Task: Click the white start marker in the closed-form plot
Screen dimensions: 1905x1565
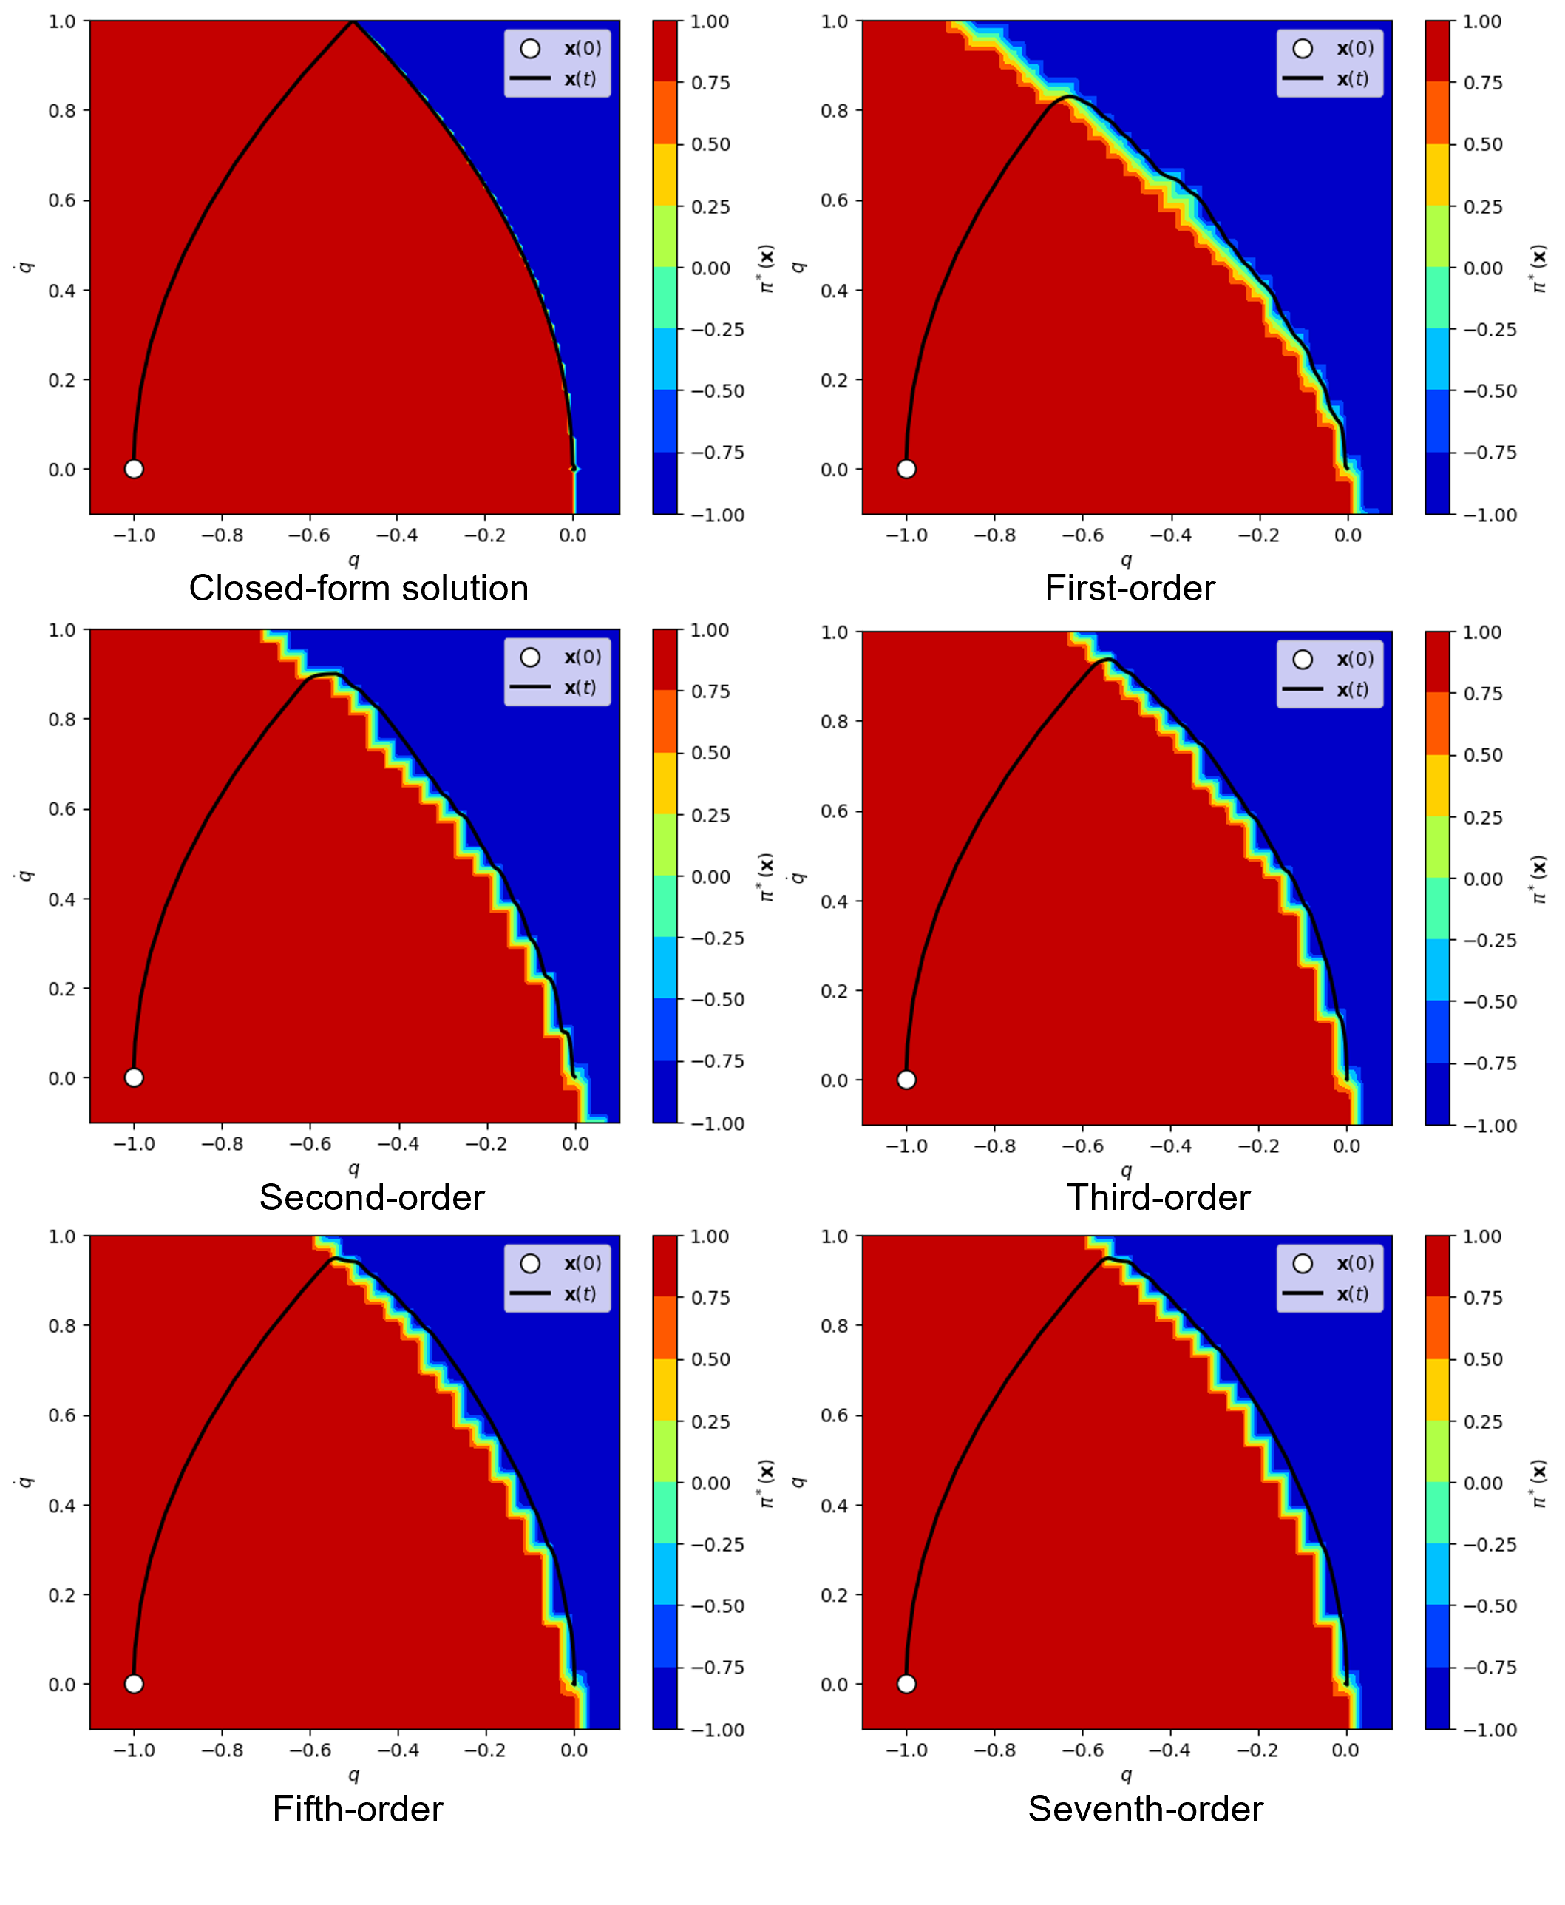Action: [133, 469]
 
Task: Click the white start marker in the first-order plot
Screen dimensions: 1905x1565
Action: [906, 469]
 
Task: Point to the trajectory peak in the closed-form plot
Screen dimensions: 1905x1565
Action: [353, 22]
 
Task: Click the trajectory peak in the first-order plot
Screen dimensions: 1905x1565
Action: [1068, 96]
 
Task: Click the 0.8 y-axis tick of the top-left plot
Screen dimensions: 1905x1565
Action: [62, 111]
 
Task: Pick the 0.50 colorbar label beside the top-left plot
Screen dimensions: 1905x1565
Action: [710, 145]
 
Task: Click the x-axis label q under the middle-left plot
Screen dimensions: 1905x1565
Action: [353, 1168]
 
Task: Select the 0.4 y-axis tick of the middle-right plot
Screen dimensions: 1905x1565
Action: [835, 901]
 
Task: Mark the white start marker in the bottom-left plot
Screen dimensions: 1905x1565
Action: [133, 1684]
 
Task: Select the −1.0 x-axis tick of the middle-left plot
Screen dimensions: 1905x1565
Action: [133, 1144]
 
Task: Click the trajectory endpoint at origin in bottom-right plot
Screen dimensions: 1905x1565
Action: [1347, 1683]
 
